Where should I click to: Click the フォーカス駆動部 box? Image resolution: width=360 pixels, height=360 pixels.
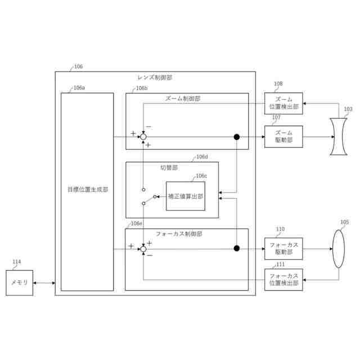283,247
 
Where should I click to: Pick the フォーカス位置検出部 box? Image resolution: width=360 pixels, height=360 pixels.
283,280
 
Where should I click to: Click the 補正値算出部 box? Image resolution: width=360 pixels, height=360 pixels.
185,196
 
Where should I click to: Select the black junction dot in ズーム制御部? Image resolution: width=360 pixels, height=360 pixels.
237,136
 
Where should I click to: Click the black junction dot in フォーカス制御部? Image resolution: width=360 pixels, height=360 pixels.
237,247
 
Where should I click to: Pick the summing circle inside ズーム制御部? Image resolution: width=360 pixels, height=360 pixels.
143,136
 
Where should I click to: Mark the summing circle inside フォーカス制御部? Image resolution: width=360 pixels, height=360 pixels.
143,247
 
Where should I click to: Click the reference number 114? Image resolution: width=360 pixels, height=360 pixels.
17,262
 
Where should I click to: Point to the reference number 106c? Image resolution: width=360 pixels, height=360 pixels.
201,176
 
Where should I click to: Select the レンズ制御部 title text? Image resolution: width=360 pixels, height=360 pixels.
155,77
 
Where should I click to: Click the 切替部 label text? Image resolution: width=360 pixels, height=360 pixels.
169,168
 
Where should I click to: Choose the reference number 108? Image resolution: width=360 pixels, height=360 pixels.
278,84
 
